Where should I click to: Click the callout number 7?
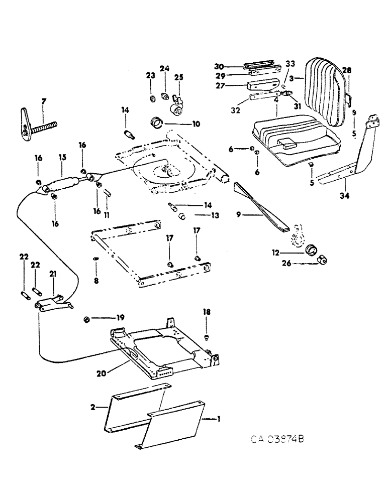(x=43, y=102)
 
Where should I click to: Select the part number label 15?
(x=62, y=157)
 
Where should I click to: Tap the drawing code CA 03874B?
(x=278, y=440)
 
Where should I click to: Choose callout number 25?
(x=179, y=77)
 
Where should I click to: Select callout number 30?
(x=218, y=66)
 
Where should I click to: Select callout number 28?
(x=346, y=70)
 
